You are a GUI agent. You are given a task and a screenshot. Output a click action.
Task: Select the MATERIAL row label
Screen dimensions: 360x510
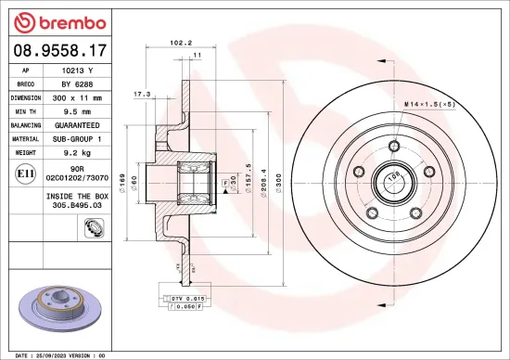point(24,136)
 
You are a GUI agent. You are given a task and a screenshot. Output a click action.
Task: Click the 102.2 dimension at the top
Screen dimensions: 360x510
point(182,42)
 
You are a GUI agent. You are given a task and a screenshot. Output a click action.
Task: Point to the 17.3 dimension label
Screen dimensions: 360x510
point(142,94)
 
